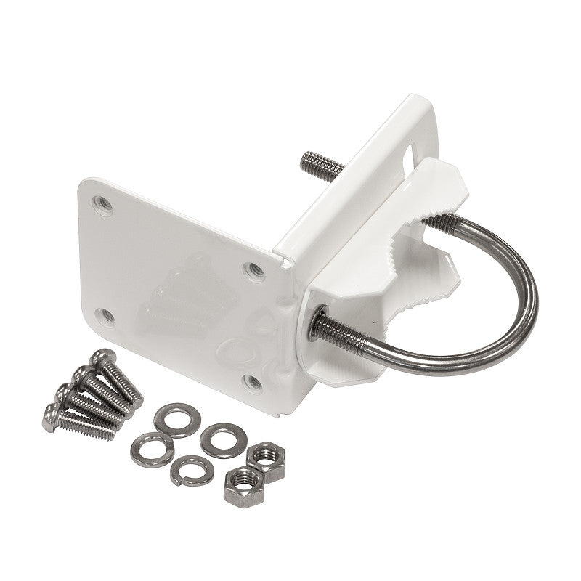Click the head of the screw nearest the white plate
(x=102, y=358)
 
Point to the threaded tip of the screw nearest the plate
(x=135, y=393)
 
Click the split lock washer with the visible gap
(x=187, y=470)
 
